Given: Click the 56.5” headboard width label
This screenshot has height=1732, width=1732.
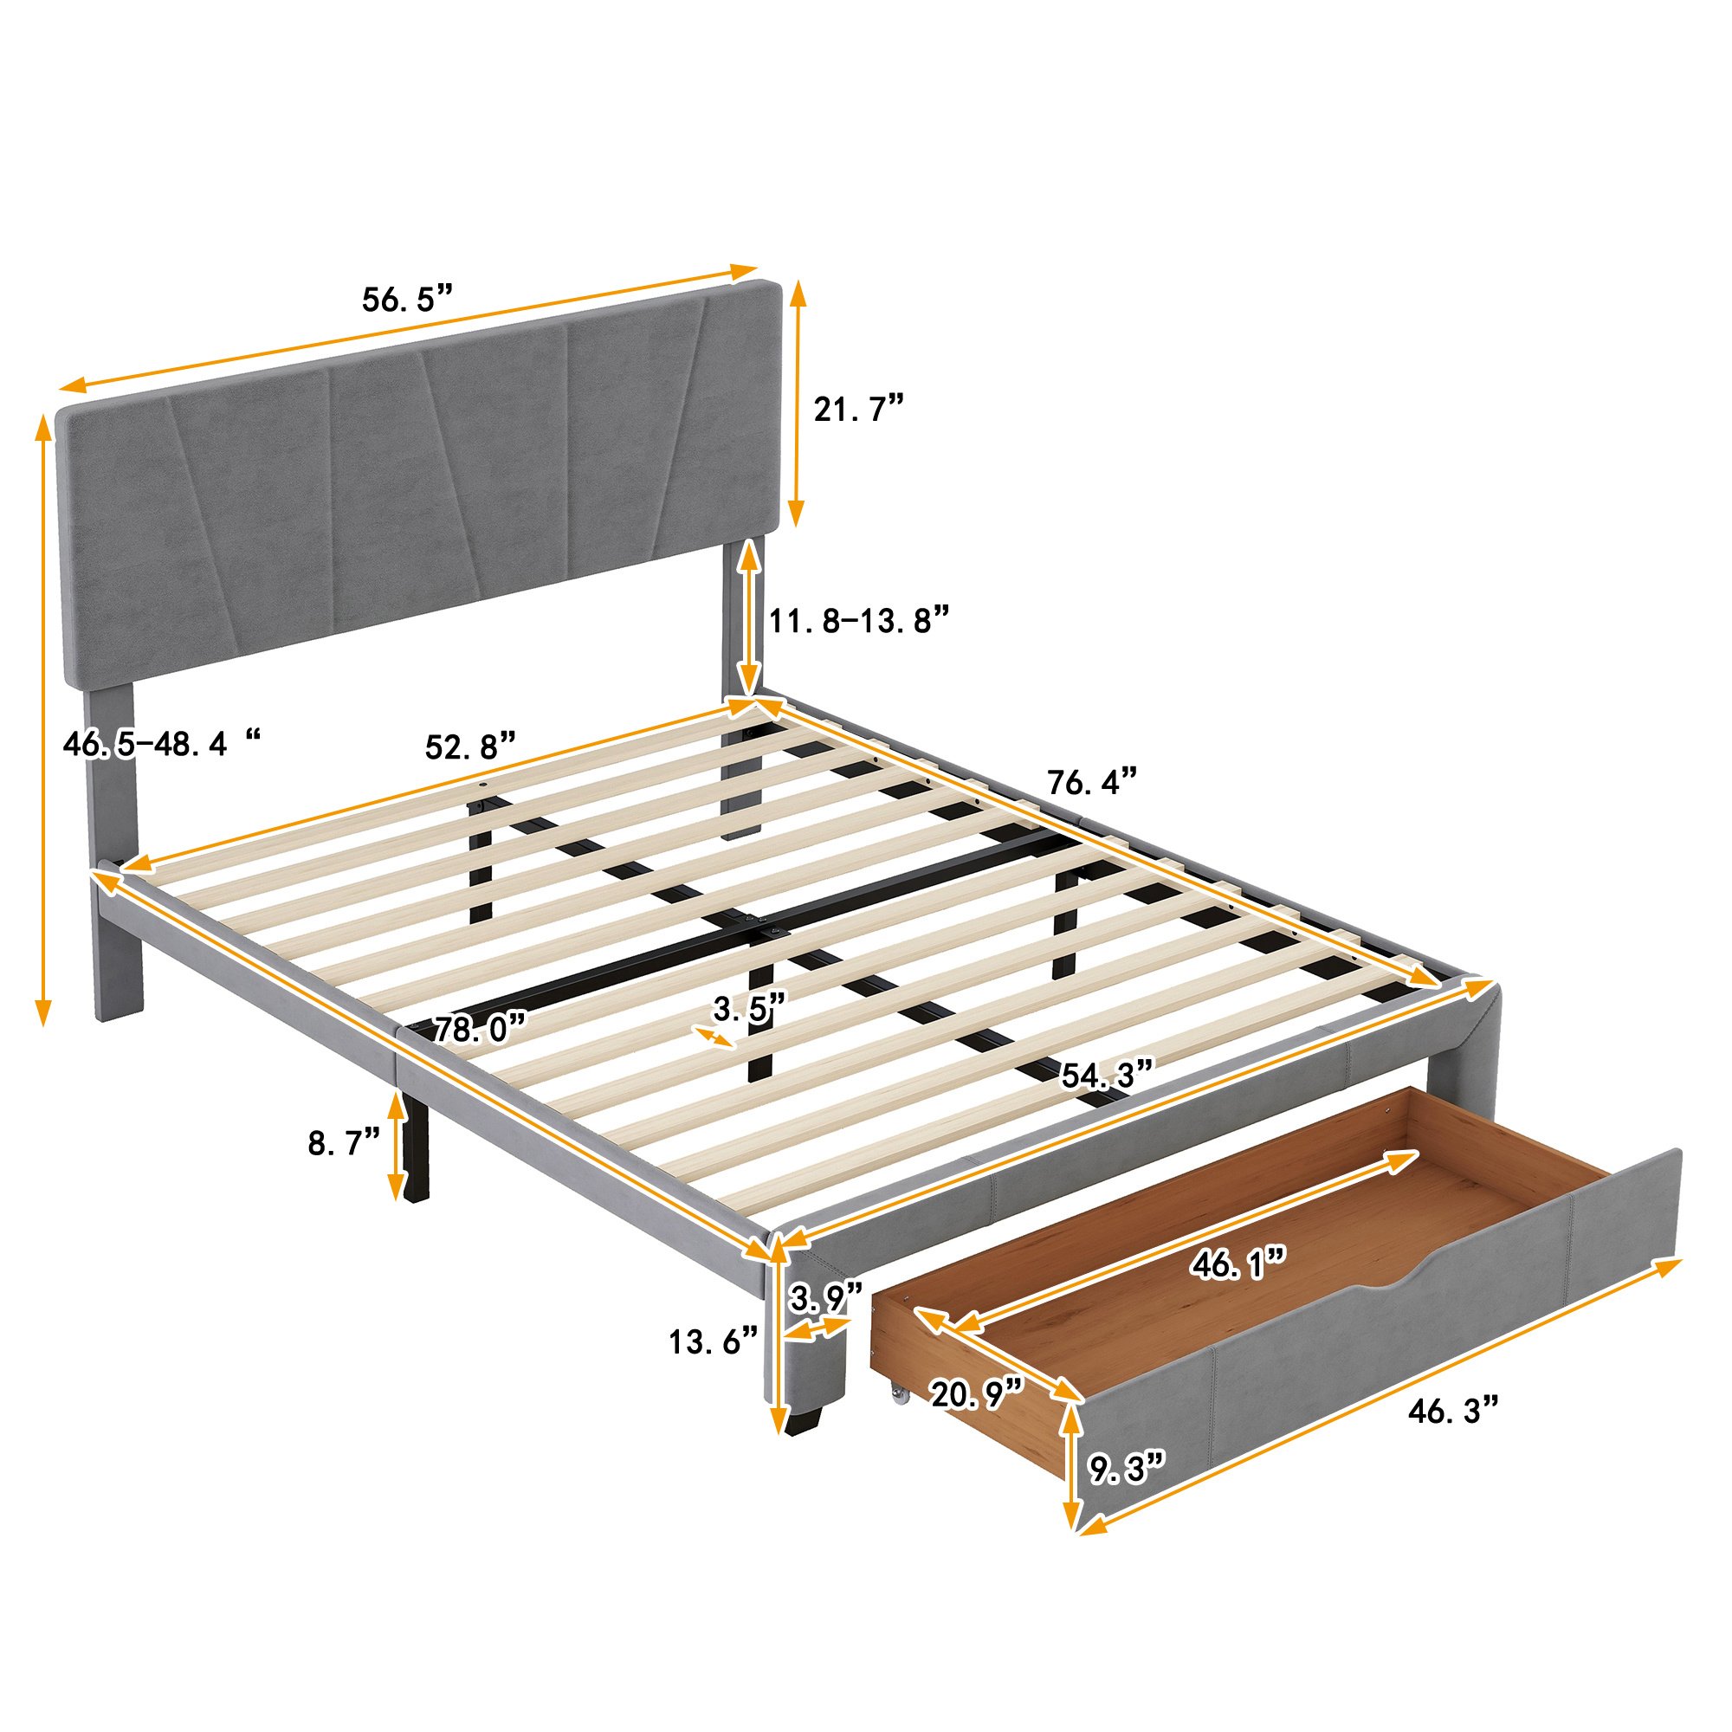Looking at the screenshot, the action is click(x=409, y=299).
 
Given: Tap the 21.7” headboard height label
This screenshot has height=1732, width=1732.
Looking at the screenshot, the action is click(x=857, y=410).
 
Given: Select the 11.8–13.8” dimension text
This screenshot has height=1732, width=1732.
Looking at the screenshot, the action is click(x=859, y=619).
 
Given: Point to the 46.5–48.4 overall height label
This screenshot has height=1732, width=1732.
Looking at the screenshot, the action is click(x=162, y=743).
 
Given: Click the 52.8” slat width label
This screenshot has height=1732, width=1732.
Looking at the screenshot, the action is click(x=470, y=745).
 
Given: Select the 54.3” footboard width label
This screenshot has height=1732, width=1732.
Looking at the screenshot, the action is click(x=1105, y=1074).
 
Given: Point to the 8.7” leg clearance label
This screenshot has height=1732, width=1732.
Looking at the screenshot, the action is click(x=345, y=1143).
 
